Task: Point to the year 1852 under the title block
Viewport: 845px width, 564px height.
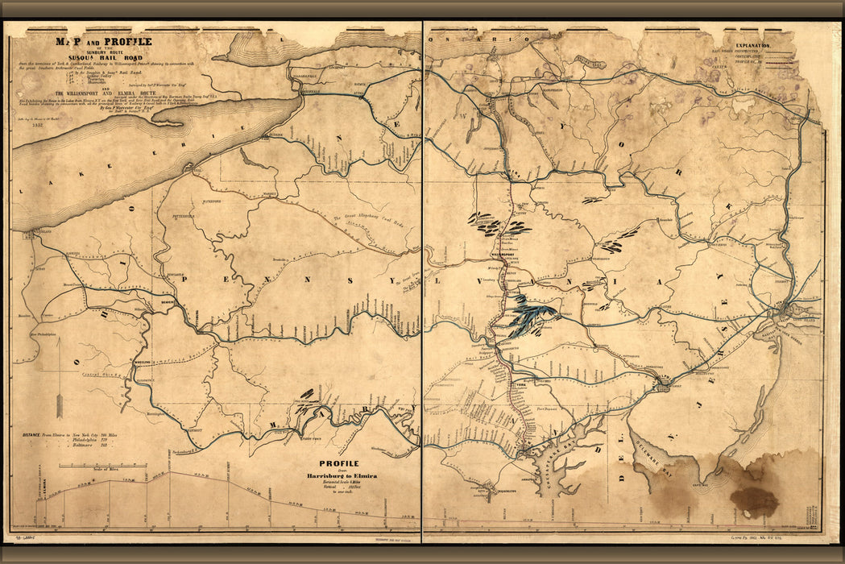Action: pyautogui.click(x=38, y=124)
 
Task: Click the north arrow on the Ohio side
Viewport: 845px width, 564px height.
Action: pyautogui.click(x=60, y=379)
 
